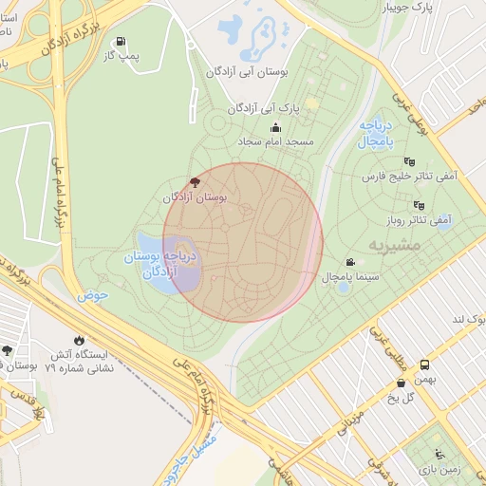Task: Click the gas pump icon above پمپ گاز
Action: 121,42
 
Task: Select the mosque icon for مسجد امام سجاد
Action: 276,128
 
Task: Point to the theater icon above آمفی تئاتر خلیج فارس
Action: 409,162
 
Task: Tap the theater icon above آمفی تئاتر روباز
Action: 418,205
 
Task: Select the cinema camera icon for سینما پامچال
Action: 351,263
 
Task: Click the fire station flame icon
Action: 78,339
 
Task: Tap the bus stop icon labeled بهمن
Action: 424,364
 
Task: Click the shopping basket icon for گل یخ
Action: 402,383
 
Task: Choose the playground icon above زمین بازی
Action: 438,454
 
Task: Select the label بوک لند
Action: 468,320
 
